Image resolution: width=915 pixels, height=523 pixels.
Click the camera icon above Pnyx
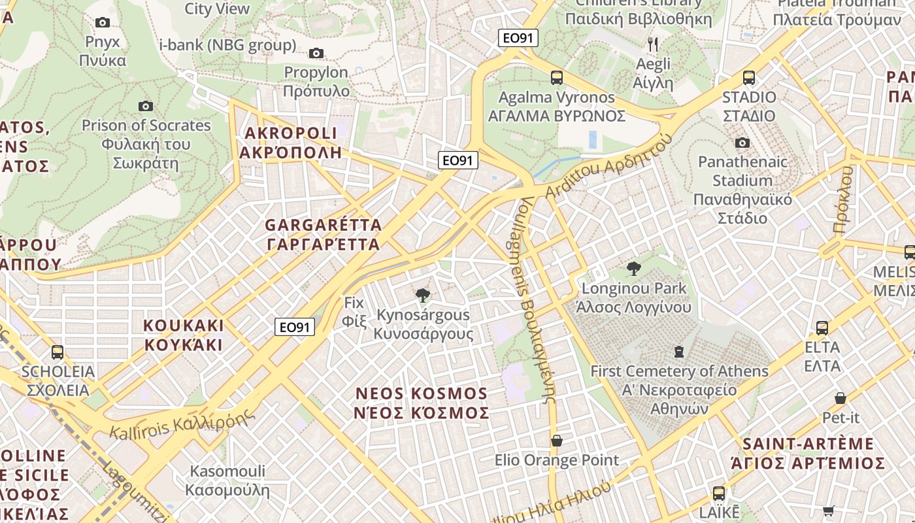(103, 23)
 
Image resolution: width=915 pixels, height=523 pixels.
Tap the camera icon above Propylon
(316, 54)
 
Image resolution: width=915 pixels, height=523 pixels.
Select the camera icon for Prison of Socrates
(146, 107)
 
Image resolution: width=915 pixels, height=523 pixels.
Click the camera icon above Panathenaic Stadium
(742, 143)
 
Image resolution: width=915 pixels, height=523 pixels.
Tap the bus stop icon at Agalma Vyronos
(557, 78)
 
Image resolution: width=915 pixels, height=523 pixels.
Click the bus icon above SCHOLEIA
(58, 352)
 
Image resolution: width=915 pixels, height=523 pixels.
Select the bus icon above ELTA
(822, 328)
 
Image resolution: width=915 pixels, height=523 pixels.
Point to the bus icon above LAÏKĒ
(719, 494)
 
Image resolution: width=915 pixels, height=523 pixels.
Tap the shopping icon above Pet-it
(840, 398)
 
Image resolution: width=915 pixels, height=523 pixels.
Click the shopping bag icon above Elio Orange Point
(557, 441)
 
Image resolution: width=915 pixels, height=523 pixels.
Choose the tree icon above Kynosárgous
(423, 296)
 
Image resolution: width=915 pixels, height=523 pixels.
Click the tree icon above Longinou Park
(633, 269)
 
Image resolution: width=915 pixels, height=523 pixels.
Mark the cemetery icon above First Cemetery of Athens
(679, 352)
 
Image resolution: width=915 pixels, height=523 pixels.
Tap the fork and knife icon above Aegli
(653, 44)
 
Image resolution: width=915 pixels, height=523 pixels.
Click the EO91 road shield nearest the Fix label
(295, 327)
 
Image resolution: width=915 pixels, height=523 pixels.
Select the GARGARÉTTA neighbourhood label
(323, 235)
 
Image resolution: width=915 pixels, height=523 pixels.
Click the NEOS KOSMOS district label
(422, 403)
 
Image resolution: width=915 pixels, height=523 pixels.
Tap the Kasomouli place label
(227, 481)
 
